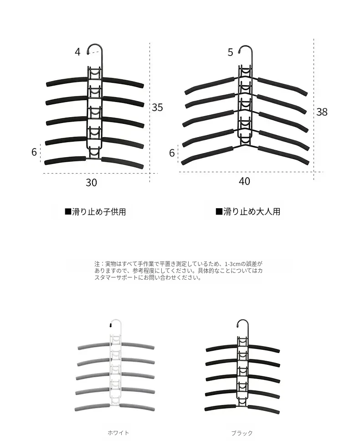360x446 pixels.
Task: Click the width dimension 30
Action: click(x=91, y=183)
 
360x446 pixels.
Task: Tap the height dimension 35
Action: click(x=157, y=107)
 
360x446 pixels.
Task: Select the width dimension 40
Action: click(x=244, y=181)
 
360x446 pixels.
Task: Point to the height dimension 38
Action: click(x=322, y=112)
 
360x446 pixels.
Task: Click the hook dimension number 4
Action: click(x=77, y=52)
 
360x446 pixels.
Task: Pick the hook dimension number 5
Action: click(x=230, y=52)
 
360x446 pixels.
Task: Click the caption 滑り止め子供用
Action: click(x=99, y=212)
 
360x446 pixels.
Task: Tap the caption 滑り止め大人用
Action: click(x=252, y=211)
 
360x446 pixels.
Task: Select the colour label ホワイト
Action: click(x=118, y=433)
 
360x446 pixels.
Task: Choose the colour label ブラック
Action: click(x=242, y=433)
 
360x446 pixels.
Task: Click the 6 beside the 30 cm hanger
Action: click(x=34, y=152)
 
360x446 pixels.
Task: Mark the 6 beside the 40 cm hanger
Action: click(x=172, y=153)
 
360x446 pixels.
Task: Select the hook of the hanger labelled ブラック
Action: click(x=243, y=328)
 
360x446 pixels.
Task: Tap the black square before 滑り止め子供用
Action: click(x=68, y=211)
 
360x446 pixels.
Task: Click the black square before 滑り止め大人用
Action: click(x=219, y=211)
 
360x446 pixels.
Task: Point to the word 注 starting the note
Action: click(x=97, y=264)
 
